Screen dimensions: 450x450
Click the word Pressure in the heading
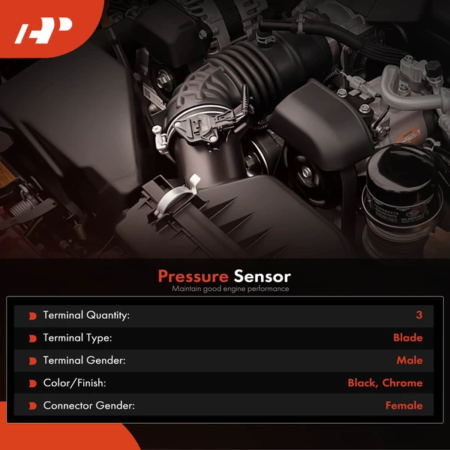coord(193,276)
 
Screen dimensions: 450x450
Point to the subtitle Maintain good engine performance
coord(229,289)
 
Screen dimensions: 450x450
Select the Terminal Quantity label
coord(86,316)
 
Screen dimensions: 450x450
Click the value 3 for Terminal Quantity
coord(419,316)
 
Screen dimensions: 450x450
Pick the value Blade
coord(408,338)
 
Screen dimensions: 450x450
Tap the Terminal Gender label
coord(84,361)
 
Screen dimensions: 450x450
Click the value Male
coord(409,361)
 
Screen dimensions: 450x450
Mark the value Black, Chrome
coord(385,383)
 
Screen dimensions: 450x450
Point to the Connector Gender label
coord(88,406)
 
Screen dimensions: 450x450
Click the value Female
coord(404,406)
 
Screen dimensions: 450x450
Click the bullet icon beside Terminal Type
coord(32,338)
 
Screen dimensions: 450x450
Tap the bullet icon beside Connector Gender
coord(32,406)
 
